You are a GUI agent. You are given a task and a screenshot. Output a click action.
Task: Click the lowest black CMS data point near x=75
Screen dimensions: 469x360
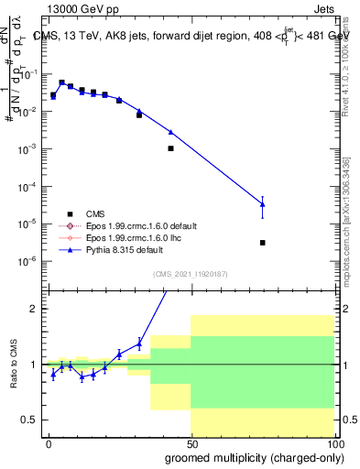point(263,243)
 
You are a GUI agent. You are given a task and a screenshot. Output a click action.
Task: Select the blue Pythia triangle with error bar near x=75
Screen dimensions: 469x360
point(263,203)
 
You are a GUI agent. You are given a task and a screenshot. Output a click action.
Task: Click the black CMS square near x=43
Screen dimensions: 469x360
point(170,147)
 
